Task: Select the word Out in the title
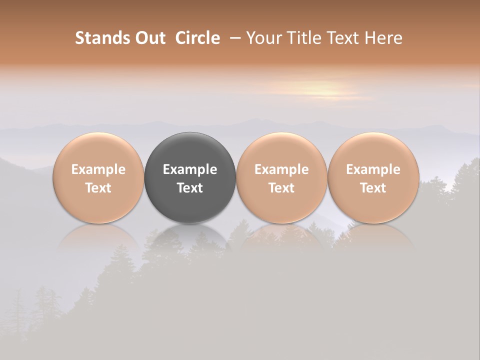[x=148, y=38]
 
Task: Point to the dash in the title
[x=233, y=38]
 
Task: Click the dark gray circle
[x=190, y=177]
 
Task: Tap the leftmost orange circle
[x=98, y=177]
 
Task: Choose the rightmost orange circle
[x=373, y=177]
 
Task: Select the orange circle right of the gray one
[x=281, y=177]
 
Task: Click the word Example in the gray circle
[x=190, y=169]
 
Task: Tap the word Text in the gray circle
[x=190, y=188]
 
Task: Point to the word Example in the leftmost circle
[x=98, y=169]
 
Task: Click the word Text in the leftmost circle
[x=98, y=188]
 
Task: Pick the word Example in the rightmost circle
[x=373, y=169]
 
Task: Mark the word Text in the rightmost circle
[x=373, y=188]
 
